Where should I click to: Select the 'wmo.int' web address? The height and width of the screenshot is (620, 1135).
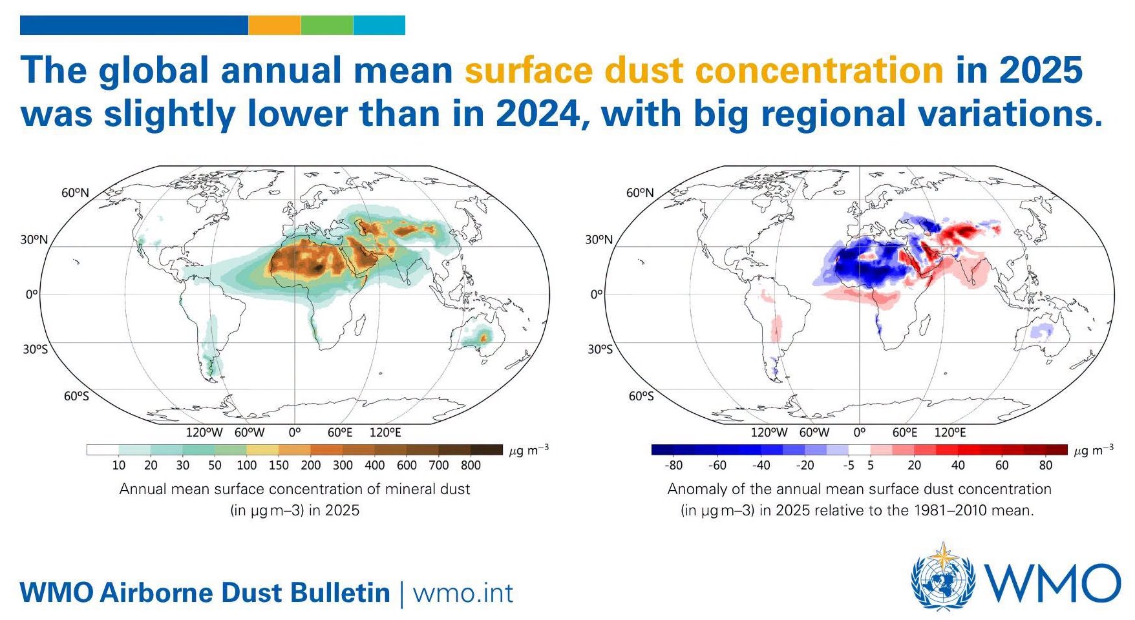[463, 593]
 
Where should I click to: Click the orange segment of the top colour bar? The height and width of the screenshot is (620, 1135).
[275, 25]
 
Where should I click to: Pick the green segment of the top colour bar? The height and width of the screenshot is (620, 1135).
[327, 25]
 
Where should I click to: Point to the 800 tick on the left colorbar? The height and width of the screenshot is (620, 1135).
[471, 465]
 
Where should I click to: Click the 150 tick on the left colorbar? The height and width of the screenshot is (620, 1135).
[279, 465]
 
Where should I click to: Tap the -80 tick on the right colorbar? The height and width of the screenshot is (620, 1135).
[673, 465]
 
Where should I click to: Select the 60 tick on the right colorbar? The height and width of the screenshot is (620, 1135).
[1002, 465]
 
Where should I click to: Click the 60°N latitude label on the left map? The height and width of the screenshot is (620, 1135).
[75, 192]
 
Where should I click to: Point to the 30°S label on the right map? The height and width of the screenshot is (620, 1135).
[599, 349]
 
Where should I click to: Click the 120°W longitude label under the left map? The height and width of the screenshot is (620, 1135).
[204, 432]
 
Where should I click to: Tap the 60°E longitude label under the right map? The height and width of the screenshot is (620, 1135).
[905, 432]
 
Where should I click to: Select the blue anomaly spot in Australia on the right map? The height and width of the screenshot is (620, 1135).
[1042, 331]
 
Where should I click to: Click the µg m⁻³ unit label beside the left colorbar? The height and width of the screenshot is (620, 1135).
[529, 449]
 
